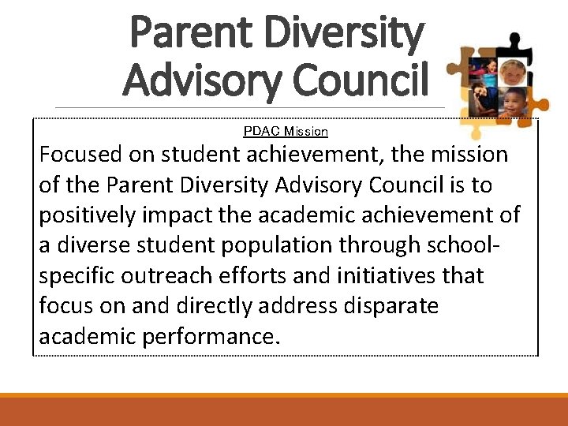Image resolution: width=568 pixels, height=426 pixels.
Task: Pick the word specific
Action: [76, 276]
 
